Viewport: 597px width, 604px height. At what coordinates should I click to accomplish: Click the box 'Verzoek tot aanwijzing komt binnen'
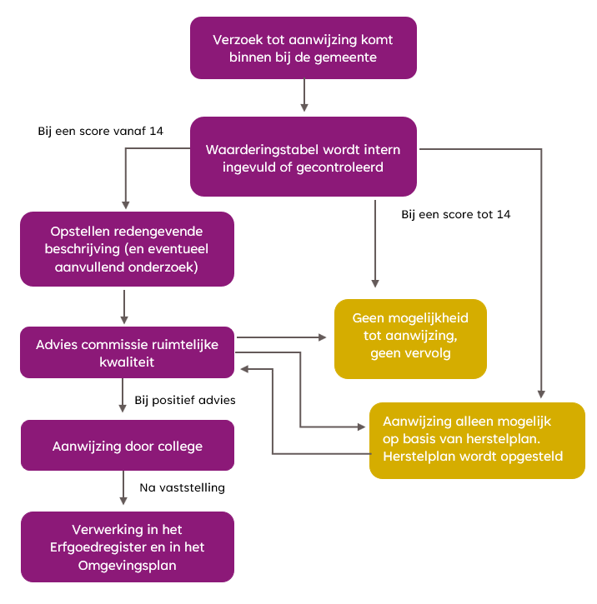point(304,48)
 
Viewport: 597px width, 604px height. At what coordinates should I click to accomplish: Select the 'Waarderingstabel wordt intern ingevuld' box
point(304,158)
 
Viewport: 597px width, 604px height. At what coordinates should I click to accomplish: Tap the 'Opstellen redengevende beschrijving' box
point(127,249)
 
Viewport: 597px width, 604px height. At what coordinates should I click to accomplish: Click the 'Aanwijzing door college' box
point(127,446)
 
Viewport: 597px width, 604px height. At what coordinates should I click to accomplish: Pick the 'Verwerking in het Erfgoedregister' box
point(127,547)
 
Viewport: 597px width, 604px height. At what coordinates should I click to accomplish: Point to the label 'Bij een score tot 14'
point(456,214)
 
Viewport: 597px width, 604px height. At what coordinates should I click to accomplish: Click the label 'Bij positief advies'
point(185,401)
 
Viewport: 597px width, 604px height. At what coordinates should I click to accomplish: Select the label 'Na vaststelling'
point(183,487)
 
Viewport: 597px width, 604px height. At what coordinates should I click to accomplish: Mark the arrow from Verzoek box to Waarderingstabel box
point(304,96)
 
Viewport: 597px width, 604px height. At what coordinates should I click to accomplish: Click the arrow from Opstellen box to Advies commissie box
point(124,306)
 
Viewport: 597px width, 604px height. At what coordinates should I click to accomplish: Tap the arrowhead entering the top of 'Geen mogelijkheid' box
point(374,283)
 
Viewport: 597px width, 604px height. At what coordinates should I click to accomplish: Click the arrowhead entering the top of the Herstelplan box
point(543,393)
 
